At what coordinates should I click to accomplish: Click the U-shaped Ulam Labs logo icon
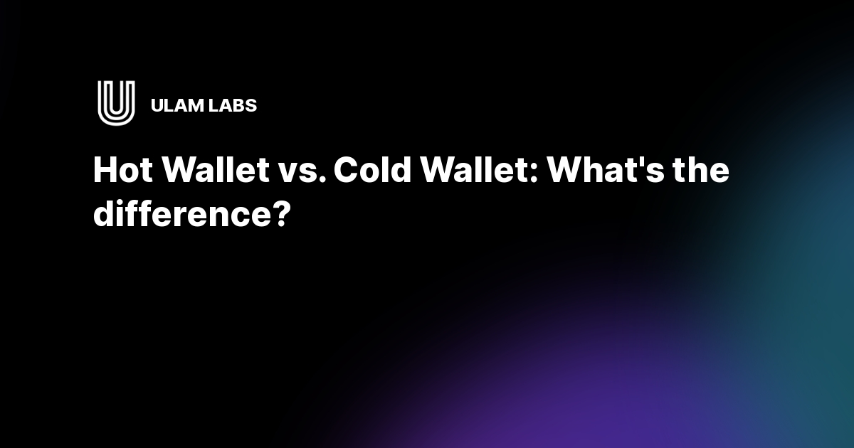116,104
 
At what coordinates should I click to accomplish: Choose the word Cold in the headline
367,171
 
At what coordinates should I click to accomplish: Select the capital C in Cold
346,171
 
